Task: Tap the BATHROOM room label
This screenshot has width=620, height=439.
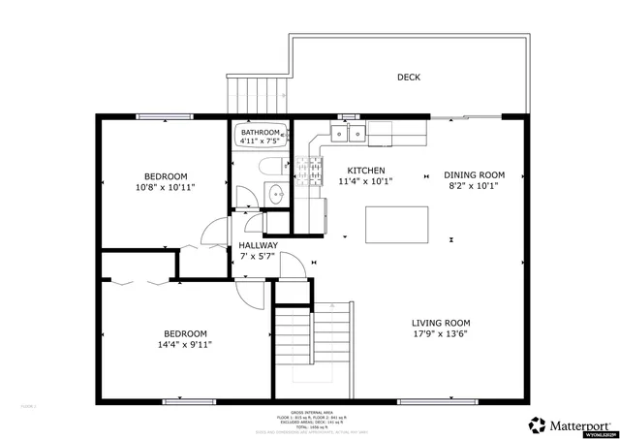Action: (261, 133)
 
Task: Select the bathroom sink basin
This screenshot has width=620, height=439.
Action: (274, 191)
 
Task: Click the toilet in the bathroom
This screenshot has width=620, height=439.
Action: (272, 163)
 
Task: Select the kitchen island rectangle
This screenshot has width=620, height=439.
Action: (396, 226)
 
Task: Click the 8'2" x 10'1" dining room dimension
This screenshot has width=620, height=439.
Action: (474, 187)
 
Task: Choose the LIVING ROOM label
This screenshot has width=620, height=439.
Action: (441, 323)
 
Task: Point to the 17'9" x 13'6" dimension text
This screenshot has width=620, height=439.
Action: (441, 335)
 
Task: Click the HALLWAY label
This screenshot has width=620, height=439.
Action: (258, 245)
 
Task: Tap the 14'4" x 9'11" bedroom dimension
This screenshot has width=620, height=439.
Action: (184, 344)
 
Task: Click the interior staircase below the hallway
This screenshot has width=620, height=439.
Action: (313, 344)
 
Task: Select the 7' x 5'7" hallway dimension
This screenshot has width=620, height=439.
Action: (258, 258)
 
